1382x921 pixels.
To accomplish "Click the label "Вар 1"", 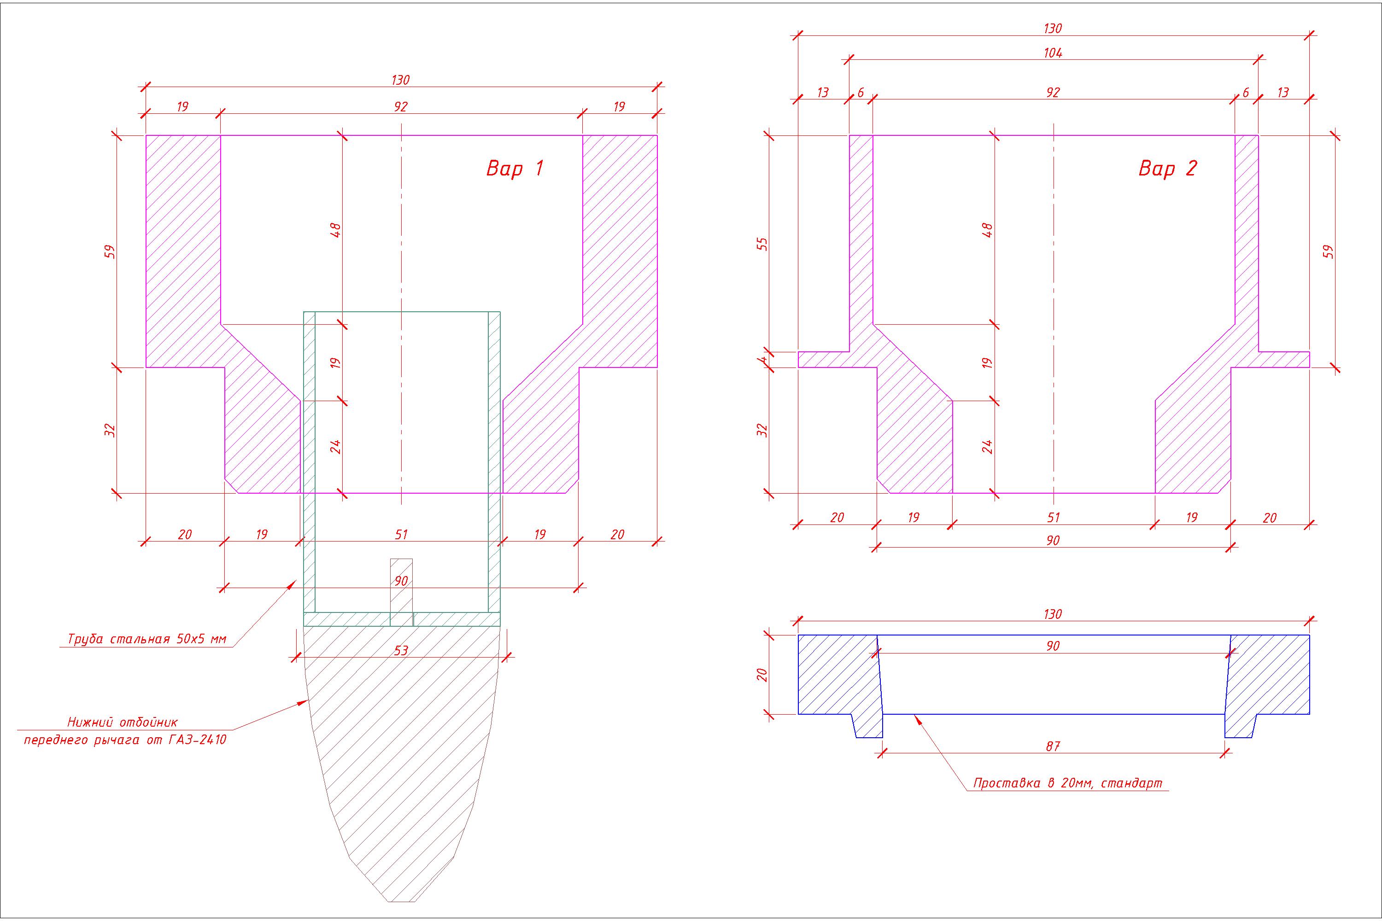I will pos(515,169).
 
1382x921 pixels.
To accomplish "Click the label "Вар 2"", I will pos(1167,169).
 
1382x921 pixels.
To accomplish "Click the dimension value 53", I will pos(401,650).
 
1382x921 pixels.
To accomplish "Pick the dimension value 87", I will pos(1053,746).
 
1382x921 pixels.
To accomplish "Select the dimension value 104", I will pos(1053,53).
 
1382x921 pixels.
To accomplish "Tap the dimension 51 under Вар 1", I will pos(401,535).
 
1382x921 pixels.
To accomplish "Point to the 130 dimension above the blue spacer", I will pos(1053,614).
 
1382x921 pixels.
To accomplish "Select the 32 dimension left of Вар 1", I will pos(111,431).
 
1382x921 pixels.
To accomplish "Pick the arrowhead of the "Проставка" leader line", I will pos(914,716).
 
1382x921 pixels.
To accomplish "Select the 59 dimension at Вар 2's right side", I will pos(1329,251).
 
